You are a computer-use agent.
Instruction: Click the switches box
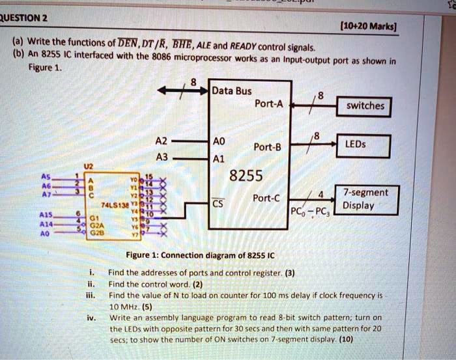(x=365, y=105)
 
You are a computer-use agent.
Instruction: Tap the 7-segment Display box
(x=367, y=199)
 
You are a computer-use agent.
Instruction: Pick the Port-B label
(x=268, y=146)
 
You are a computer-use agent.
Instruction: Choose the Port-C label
(x=268, y=199)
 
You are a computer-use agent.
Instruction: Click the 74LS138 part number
(x=114, y=204)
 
